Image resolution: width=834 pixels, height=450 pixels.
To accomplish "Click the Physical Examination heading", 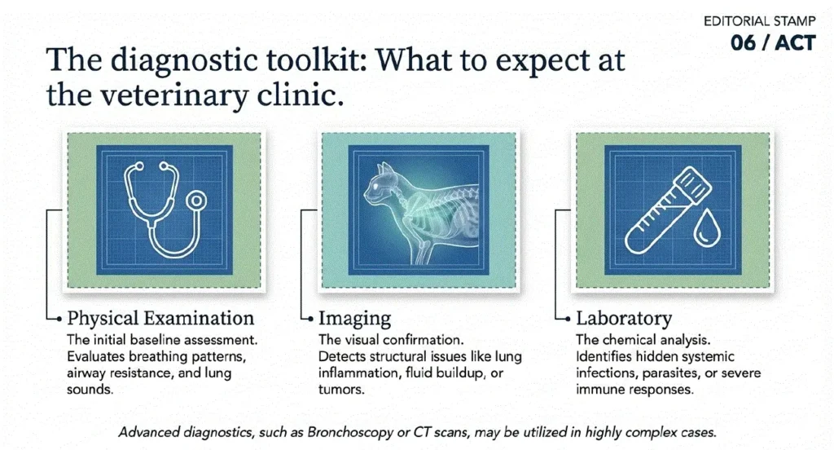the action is [x=160, y=318].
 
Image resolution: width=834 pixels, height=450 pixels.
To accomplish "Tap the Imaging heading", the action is [x=354, y=319].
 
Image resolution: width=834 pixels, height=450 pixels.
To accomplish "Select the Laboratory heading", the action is [x=623, y=319].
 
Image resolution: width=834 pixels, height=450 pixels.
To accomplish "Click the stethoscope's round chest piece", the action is [x=197, y=201].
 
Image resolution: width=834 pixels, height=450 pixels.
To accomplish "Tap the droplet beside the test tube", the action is [x=708, y=229].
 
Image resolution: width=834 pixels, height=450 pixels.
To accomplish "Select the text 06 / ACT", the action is [x=773, y=42].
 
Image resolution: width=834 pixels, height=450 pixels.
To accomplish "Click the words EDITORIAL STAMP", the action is [x=759, y=21].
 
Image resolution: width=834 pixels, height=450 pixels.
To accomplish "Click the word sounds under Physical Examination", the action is [x=90, y=390].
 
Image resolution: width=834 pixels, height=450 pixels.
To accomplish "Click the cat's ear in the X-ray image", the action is [x=387, y=170].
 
